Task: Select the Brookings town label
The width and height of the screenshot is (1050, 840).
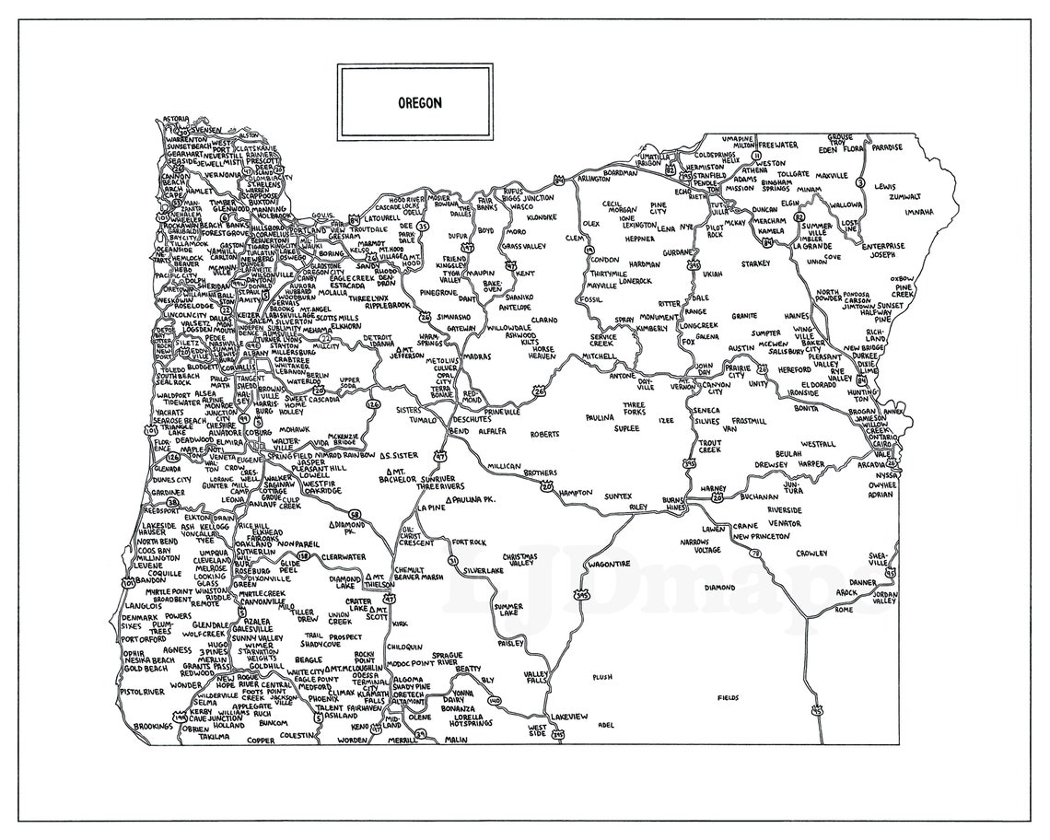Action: click(x=153, y=726)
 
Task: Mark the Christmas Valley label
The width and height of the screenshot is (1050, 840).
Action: click(x=519, y=561)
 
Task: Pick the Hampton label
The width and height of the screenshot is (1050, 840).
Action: click(x=575, y=493)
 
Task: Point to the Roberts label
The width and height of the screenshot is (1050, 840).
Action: click(x=544, y=434)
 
